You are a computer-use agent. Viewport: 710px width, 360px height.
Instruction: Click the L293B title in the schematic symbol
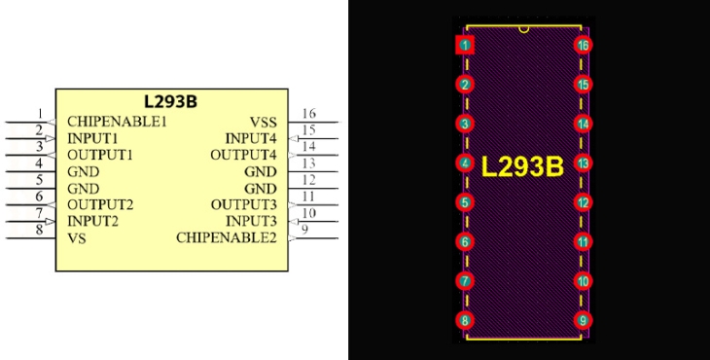coord(171,101)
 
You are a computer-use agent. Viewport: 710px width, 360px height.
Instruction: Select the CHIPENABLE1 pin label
coord(118,122)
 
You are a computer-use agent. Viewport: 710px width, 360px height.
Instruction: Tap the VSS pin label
coord(263,123)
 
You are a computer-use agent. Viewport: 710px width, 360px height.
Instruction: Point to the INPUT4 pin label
coord(251,138)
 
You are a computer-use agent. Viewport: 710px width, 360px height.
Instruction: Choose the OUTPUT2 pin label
coord(100,205)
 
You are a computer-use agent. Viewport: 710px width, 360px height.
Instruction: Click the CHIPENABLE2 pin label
coord(227,237)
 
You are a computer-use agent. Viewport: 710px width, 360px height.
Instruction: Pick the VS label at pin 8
coord(77,238)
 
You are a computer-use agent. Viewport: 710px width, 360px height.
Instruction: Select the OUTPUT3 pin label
coord(243,205)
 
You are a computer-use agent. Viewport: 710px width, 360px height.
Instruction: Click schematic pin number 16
coord(309,113)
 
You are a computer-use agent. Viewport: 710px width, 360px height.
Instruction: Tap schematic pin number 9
coord(304,230)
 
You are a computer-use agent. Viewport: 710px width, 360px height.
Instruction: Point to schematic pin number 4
coord(39,163)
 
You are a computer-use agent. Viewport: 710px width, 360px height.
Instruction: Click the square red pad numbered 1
coord(465,45)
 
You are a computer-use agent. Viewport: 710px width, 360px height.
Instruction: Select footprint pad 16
coord(584,45)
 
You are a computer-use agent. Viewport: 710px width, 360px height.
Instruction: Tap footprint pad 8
coord(465,320)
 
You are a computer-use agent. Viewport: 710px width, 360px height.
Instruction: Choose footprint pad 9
coord(584,320)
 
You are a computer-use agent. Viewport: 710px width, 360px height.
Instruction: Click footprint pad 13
coord(584,163)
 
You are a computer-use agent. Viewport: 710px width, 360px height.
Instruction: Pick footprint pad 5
coord(465,202)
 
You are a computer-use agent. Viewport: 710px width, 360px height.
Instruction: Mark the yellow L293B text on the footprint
coord(522,166)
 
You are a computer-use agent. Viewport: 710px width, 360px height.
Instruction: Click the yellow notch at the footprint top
coord(524,29)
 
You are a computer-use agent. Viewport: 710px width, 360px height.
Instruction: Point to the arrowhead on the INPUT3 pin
coord(294,222)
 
